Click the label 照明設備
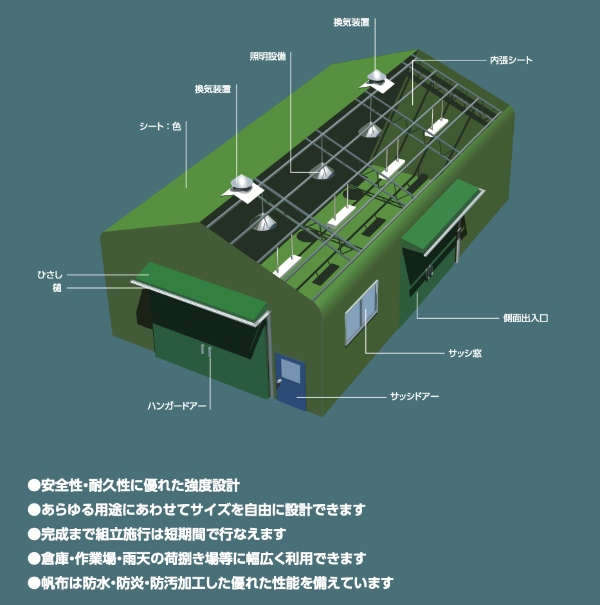(268, 57)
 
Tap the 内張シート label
(511, 60)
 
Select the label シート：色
(160, 126)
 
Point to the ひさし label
(50, 275)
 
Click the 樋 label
(57, 288)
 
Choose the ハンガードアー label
(177, 406)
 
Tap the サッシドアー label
(414, 396)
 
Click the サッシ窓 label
(465, 353)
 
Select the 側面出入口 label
(525, 318)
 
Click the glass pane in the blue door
(291, 371)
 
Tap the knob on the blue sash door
(278, 382)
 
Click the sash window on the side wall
(361, 312)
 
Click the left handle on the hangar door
(202, 349)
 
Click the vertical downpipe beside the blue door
(270, 355)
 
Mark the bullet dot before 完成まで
(34, 534)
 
